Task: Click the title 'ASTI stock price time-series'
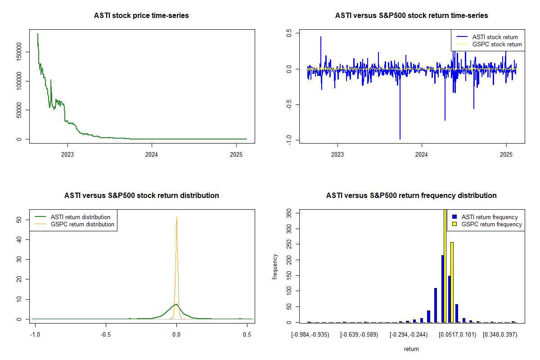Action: (x=141, y=16)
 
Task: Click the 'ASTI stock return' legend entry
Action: (x=495, y=37)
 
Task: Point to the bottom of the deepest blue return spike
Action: (x=400, y=139)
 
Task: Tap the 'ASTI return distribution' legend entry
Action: (x=81, y=217)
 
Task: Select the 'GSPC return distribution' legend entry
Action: (x=82, y=224)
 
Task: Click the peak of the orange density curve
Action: (x=176, y=216)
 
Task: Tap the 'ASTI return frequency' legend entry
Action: (x=490, y=217)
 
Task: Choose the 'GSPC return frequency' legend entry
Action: (x=491, y=224)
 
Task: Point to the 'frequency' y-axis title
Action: (x=275, y=266)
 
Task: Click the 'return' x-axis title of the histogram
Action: (x=411, y=349)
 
